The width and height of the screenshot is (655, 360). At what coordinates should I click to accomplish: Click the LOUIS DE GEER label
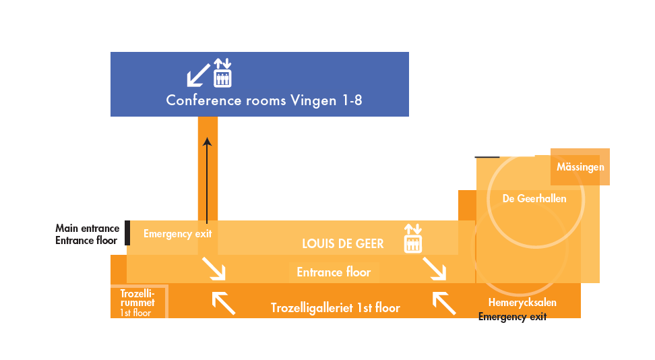coord(342,243)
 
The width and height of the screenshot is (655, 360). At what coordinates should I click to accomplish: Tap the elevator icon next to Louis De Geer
coord(412,239)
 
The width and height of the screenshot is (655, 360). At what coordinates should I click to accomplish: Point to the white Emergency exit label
coord(178,234)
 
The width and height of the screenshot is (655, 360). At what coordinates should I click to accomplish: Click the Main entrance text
coord(87,229)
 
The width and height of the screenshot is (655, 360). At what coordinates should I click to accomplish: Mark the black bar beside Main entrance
coord(127,233)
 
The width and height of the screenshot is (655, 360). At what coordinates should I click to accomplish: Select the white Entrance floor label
coord(334,272)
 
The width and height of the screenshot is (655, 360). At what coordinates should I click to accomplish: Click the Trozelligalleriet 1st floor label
coord(335,308)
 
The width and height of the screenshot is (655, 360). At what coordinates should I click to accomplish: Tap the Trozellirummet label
coord(137,302)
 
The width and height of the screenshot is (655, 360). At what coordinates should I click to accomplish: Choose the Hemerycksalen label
coord(522,303)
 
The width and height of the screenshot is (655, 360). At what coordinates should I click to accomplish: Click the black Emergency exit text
coord(512,317)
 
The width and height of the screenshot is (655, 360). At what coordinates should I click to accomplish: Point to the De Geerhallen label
coord(534,198)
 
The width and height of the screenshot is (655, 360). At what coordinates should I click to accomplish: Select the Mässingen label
coord(580,167)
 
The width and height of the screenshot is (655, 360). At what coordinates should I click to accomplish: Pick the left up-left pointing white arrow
coord(224,303)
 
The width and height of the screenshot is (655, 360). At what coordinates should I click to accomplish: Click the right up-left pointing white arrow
coord(443,303)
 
